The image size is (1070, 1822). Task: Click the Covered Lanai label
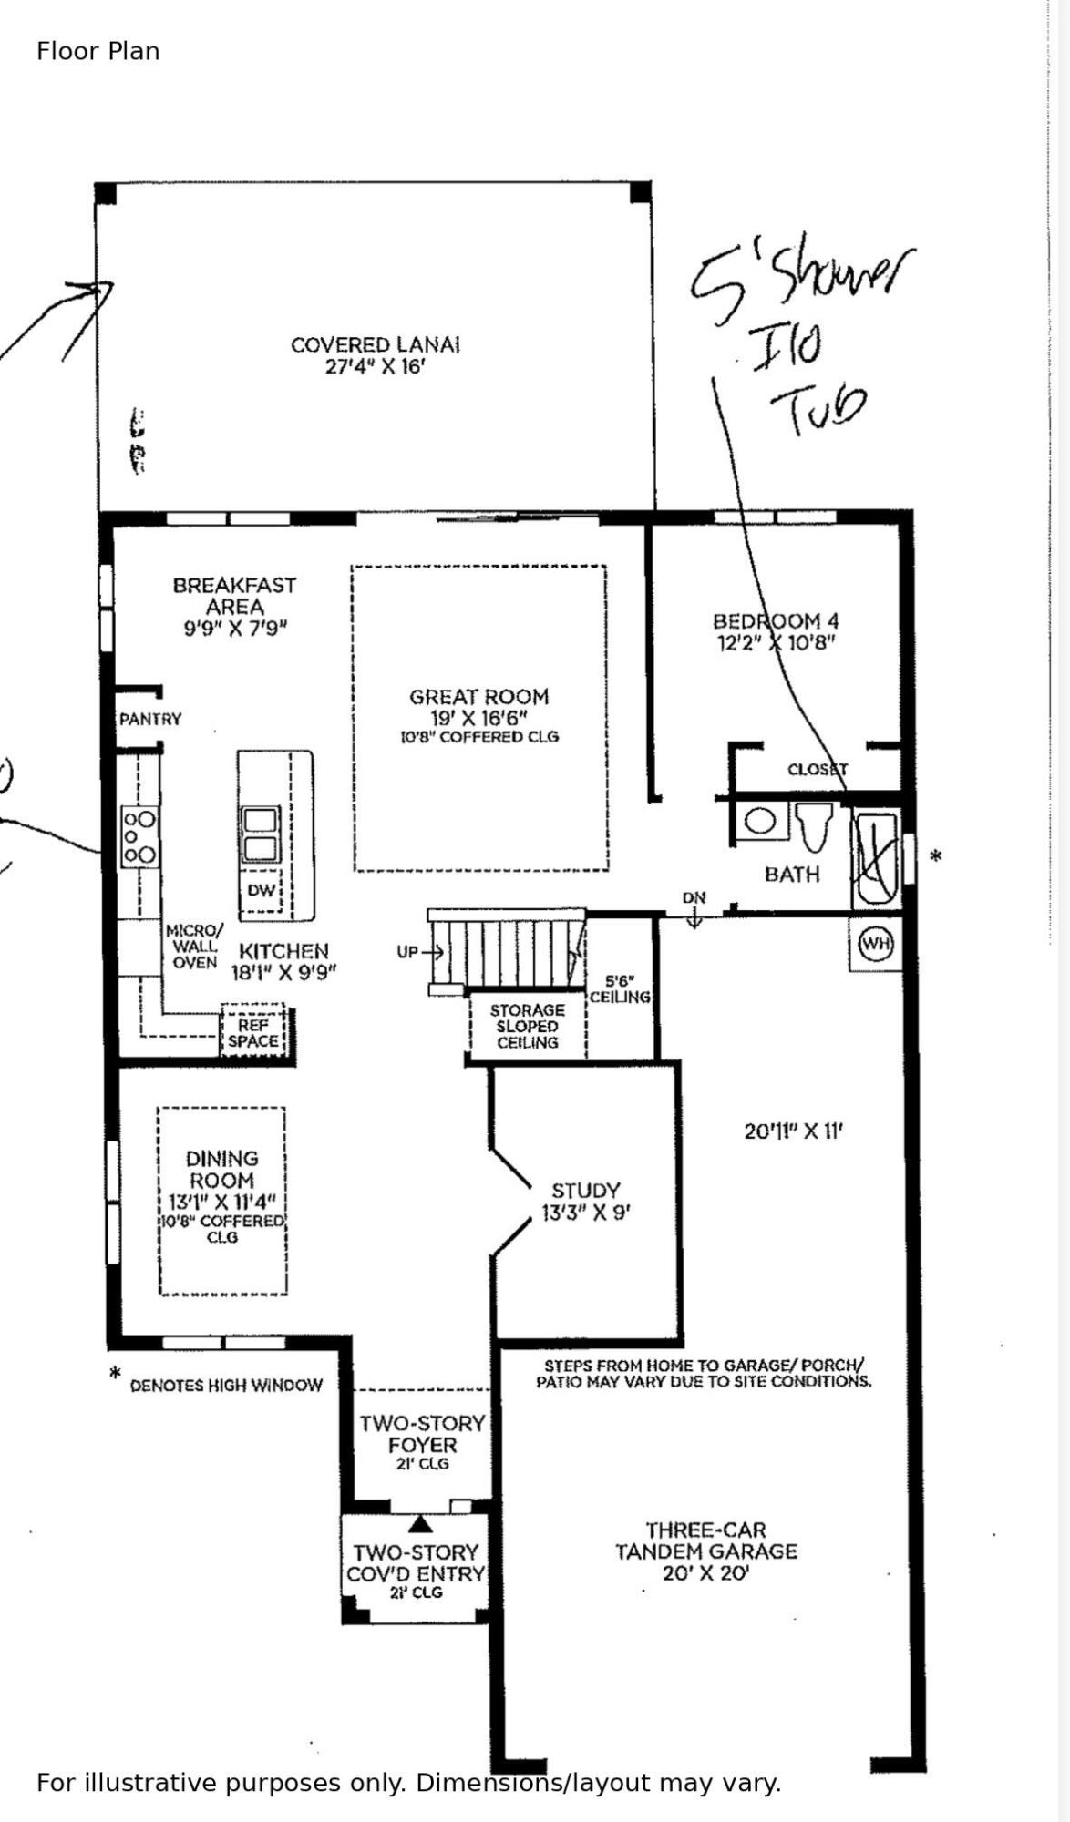tap(375, 345)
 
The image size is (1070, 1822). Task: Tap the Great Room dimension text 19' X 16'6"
tap(478, 718)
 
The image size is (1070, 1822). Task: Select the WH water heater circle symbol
tap(876, 944)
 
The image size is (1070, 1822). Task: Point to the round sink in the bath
tap(760, 822)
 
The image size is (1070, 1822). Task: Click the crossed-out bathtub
tap(876, 858)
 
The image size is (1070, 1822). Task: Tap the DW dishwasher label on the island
tap(261, 890)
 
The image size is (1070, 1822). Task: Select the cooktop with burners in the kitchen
tap(139, 837)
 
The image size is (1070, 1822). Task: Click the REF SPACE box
tap(253, 1033)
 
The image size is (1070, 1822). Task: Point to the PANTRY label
tap(150, 719)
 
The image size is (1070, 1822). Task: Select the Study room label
tap(585, 1191)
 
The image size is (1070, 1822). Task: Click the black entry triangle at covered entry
tap(419, 1523)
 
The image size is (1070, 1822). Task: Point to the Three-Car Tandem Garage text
tap(705, 1541)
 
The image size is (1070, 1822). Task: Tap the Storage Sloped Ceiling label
tap(527, 1026)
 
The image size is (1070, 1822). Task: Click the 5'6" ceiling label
tap(620, 989)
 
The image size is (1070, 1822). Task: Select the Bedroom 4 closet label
tap(817, 770)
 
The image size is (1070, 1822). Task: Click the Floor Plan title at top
tap(98, 51)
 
